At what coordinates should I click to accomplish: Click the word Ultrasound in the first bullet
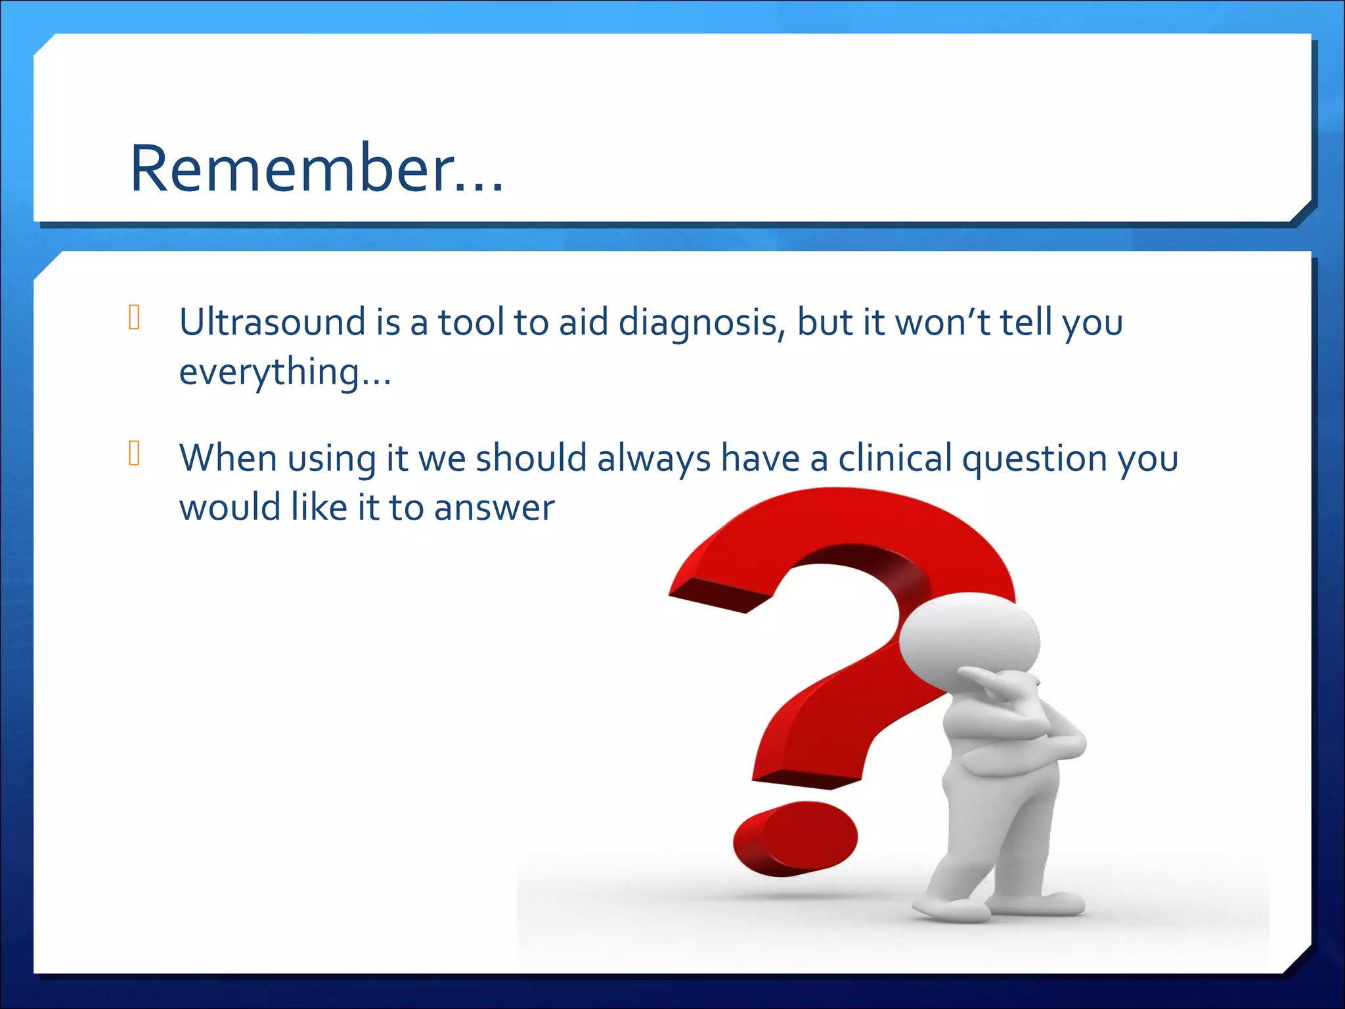point(272,322)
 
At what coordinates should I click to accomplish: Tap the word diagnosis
point(701,323)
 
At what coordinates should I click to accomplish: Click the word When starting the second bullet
point(227,458)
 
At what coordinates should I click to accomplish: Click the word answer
point(494,508)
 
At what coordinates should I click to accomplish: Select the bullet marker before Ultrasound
point(135,317)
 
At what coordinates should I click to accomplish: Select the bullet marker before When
point(135,453)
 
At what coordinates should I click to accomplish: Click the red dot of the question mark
point(795,839)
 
